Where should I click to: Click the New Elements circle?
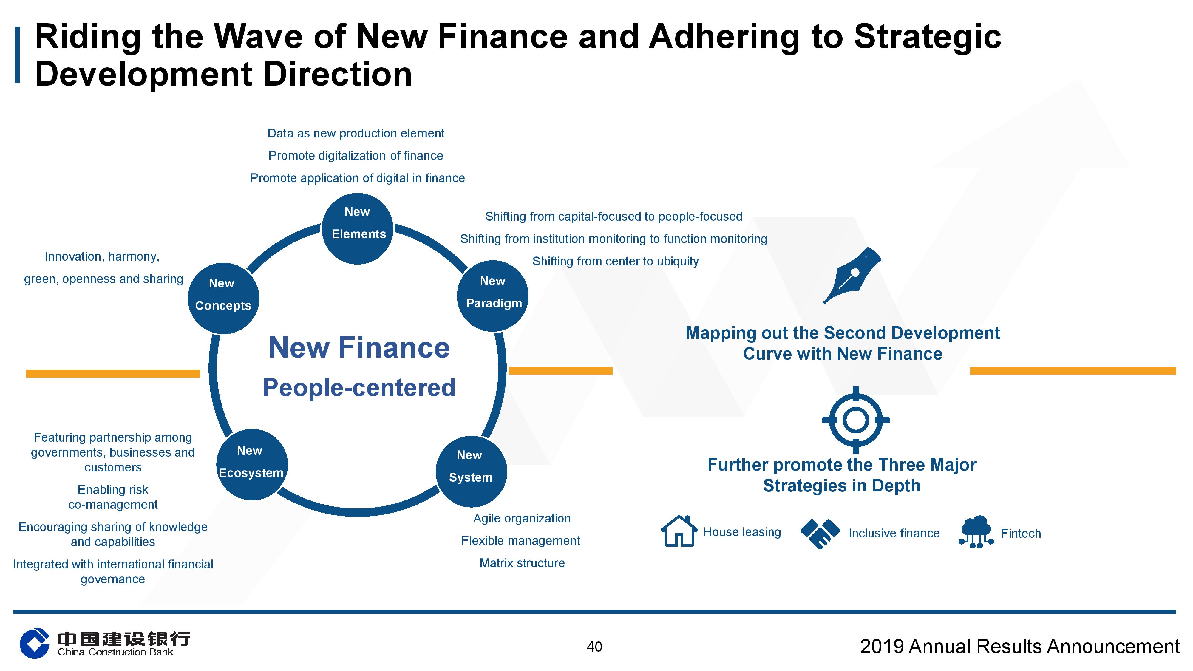[358, 229]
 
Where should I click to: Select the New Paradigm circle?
[493, 296]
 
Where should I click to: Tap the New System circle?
[471, 471]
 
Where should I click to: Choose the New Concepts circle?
[223, 298]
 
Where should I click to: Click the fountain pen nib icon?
[852, 275]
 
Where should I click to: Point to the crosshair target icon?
[855, 420]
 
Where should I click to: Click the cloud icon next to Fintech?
[976, 532]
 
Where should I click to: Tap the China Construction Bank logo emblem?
[34, 643]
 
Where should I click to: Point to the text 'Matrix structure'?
[522, 563]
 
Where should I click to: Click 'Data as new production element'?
[356, 133]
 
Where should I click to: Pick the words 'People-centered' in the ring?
[359, 388]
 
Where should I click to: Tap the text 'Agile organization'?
[522, 518]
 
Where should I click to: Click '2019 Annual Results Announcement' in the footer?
[1020, 647]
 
